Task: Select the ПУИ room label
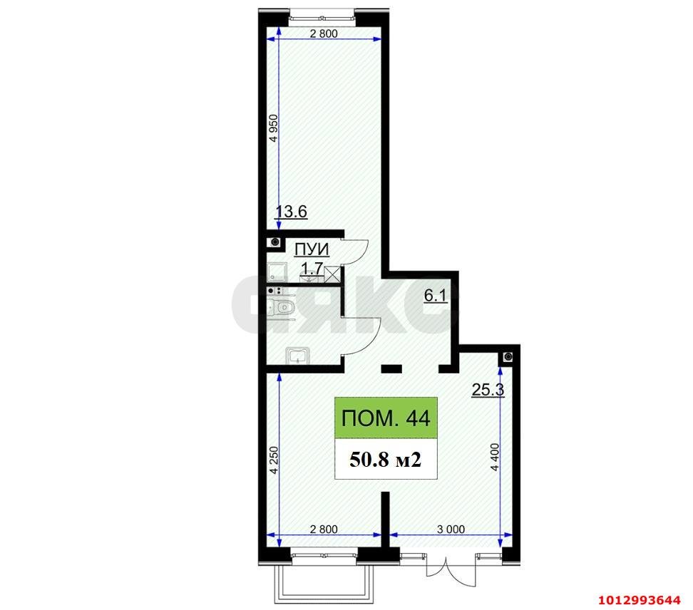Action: click(x=312, y=249)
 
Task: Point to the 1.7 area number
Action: click(x=313, y=269)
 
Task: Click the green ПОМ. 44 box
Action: click(x=386, y=418)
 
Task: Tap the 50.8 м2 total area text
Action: click(x=386, y=460)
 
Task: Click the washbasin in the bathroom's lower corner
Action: click(x=296, y=355)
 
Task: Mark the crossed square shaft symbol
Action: click(x=332, y=271)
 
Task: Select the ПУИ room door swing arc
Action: click(x=356, y=249)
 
